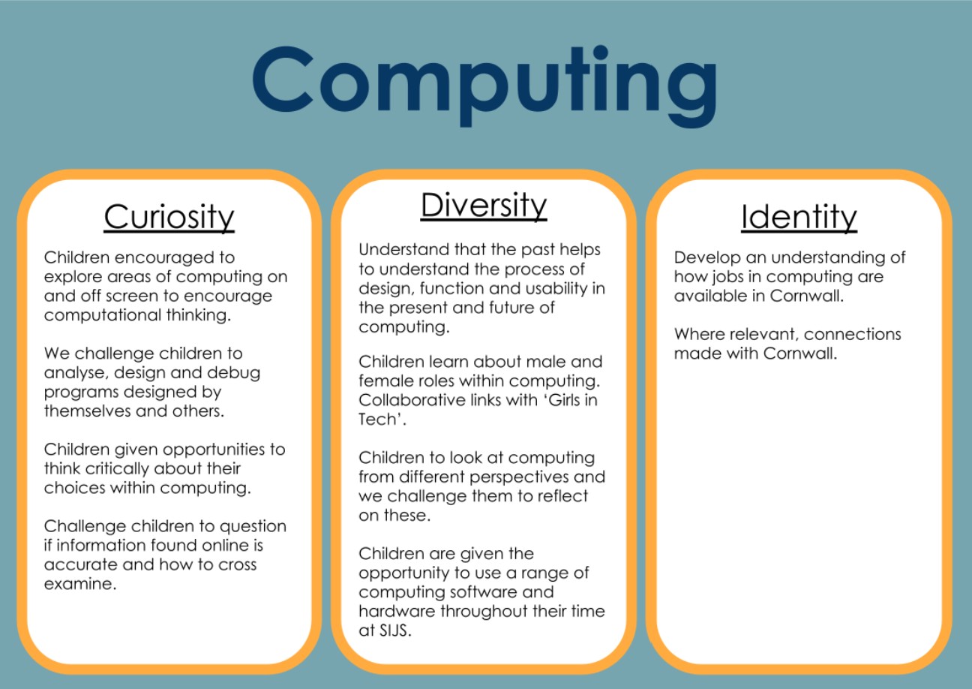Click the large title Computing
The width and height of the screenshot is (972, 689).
click(484, 85)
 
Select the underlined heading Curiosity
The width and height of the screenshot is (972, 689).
click(169, 217)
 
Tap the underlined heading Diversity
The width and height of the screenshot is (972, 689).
click(484, 206)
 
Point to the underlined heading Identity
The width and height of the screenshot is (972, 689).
click(799, 217)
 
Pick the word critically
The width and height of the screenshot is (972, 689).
click(117, 469)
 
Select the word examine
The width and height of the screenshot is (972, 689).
click(80, 584)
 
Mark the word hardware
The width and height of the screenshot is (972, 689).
click(397, 611)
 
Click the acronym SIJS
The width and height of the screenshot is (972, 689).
click(394, 630)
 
